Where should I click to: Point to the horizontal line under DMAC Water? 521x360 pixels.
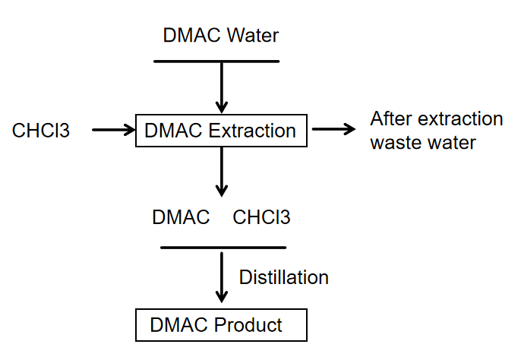(x=216, y=61)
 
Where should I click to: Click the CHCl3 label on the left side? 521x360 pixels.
(x=41, y=131)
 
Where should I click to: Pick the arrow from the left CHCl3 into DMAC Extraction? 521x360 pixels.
(x=112, y=131)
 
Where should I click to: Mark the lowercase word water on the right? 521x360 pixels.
(x=452, y=142)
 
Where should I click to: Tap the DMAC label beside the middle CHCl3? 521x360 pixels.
(x=181, y=217)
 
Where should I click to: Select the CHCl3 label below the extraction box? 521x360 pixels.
(x=261, y=217)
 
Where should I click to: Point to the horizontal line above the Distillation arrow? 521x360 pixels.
(x=223, y=247)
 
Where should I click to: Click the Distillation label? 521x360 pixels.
(x=284, y=277)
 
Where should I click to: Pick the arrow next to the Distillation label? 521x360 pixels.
(x=221, y=277)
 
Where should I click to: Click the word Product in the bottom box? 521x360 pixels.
(x=248, y=326)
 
